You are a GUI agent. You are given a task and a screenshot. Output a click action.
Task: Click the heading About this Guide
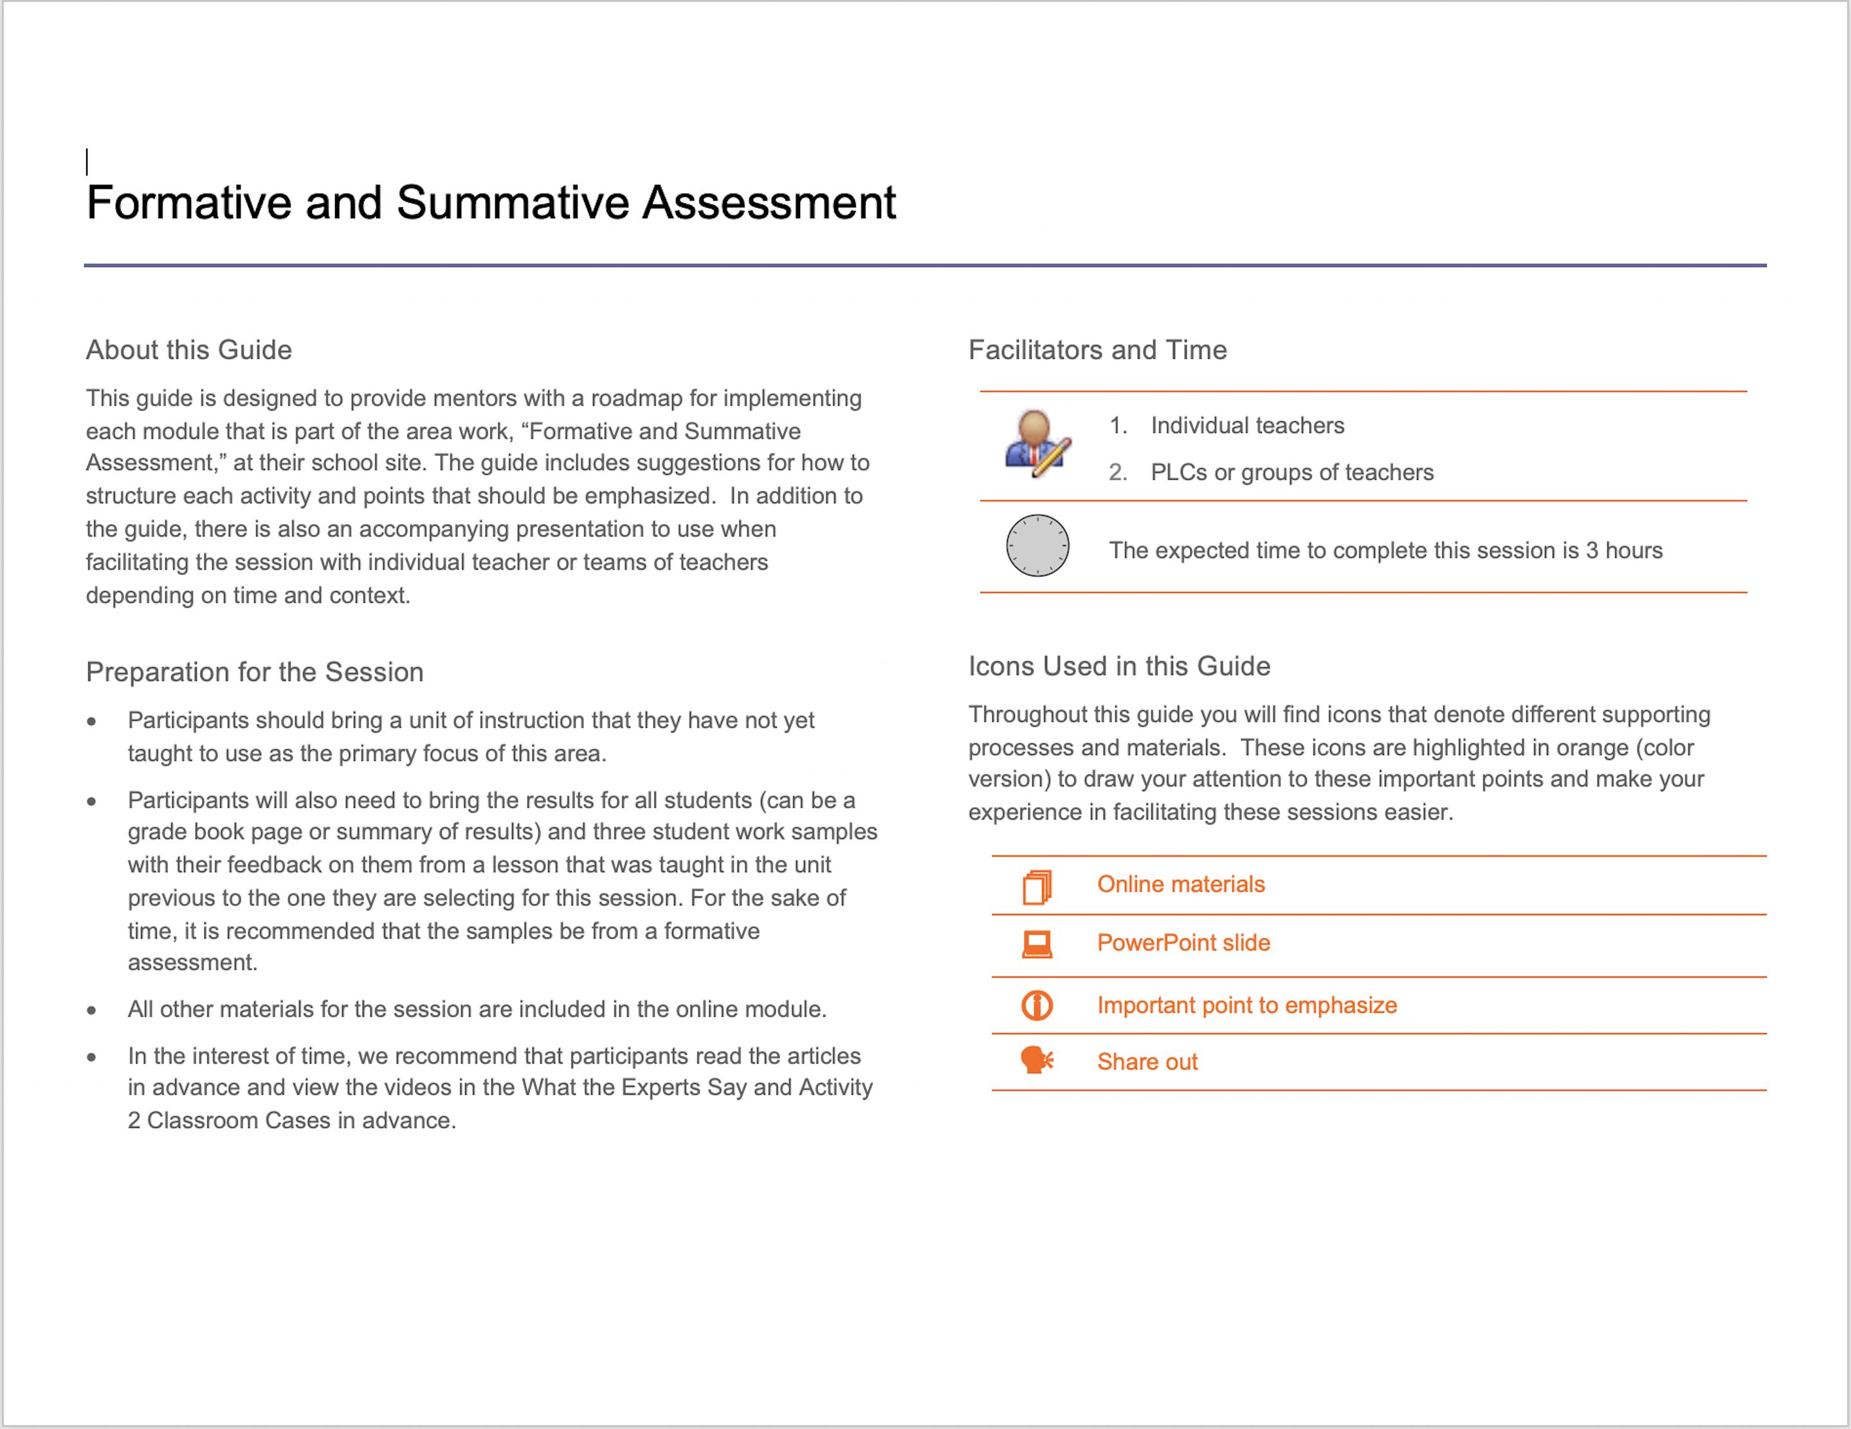pos(188,349)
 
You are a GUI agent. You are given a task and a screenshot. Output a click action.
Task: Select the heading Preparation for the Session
pos(254,671)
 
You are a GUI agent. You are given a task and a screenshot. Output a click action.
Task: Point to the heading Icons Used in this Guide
pos(1118,666)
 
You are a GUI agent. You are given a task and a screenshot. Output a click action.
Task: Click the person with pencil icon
pos(1037,444)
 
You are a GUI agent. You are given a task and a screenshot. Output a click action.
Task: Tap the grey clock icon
pos(1037,546)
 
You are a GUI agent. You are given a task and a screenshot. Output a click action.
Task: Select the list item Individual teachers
pos(1246,426)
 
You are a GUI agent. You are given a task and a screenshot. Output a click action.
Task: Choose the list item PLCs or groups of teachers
pos(1291,472)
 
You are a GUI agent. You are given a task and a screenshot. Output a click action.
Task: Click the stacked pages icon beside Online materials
pos(1037,887)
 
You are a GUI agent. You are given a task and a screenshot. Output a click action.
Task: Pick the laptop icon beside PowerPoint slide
pos(1037,944)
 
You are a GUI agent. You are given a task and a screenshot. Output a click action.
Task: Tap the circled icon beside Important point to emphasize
pos(1037,1005)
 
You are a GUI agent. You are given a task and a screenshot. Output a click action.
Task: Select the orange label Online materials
pos(1181,884)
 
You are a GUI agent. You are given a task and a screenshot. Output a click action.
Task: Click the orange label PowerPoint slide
pos(1183,943)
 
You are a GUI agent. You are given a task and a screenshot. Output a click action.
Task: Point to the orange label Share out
pos(1147,1061)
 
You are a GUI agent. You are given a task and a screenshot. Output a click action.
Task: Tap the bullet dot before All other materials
pos(91,1010)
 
